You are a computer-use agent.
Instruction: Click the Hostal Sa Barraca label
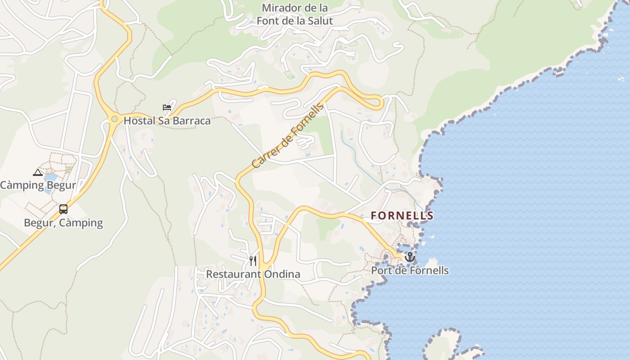[x=167, y=121]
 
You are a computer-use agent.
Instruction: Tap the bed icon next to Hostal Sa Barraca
[x=167, y=108]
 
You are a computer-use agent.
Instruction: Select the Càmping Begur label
[x=38, y=185]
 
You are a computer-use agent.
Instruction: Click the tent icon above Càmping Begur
[x=38, y=172]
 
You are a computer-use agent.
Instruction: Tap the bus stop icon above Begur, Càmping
[x=63, y=209]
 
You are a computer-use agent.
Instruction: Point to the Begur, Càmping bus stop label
[x=63, y=223]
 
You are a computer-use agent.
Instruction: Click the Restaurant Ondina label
[x=253, y=274]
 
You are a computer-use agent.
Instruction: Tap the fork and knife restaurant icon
[x=253, y=261]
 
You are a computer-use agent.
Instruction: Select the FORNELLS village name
[x=402, y=216]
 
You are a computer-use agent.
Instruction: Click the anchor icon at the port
[x=409, y=257]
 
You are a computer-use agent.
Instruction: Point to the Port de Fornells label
[x=409, y=270]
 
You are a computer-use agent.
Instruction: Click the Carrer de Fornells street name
[x=288, y=136]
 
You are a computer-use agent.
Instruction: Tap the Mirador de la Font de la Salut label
[x=295, y=14]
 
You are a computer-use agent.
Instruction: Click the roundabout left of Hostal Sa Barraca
[x=114, y=119]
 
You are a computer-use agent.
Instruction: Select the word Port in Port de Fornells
[x=381, y=270]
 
